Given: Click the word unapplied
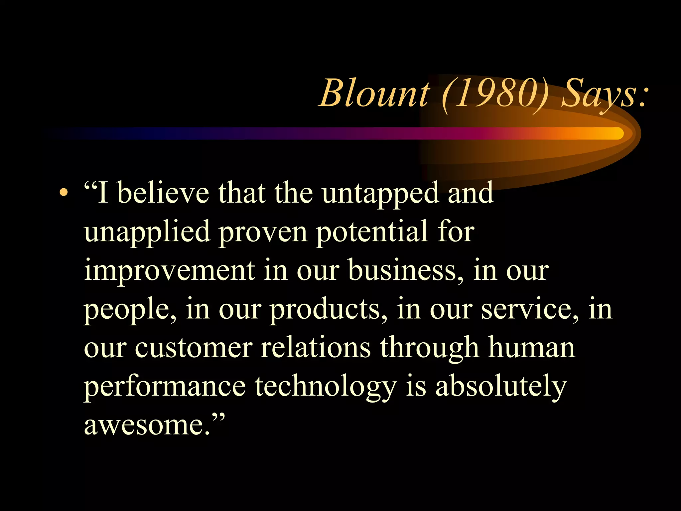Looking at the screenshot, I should [147, 232].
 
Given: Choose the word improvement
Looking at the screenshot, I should [169, 271].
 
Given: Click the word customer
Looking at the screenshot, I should [193, 348].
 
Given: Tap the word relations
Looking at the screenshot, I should [316, 348].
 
